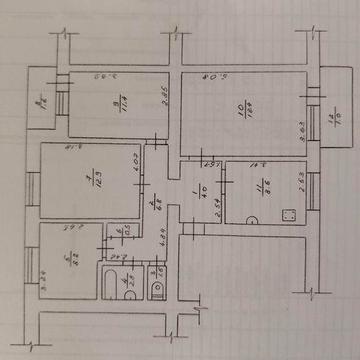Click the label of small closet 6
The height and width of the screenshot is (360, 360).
pyautogui.click(x=119, y=237)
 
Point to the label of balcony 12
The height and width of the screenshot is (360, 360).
pyautogui.click(x=329, y=123)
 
